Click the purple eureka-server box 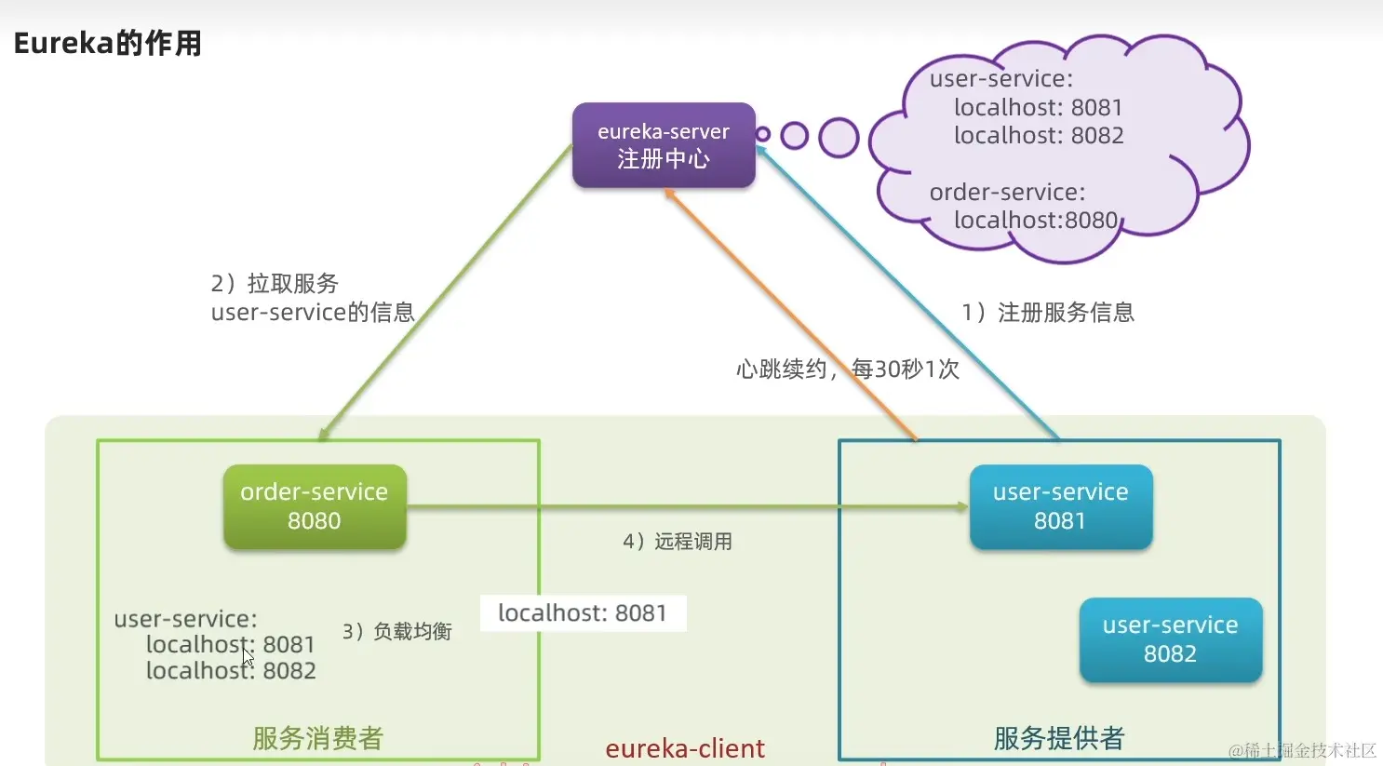(663, 145)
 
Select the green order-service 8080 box (315, 506)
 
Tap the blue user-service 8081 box (1060, 506)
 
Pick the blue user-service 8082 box (1170, 639)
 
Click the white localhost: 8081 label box (583, 613)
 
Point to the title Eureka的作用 (107, 43)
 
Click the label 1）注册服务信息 (1048, 313)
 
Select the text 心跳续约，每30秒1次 (847, 370)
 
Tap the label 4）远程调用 (678, 542)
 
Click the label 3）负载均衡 (397, 632)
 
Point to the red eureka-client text (685, 748)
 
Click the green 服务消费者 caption (318, 738)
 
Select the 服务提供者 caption (1059, 738)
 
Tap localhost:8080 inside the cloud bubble (1035, 220)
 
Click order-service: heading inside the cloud (1007, 192)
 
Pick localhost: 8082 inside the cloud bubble (1039, 136)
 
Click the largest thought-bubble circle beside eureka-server (839, 138)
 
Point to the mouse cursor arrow (248, 656)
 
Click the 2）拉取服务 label (275, 283)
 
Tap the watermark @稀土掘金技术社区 (1302, 750)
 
